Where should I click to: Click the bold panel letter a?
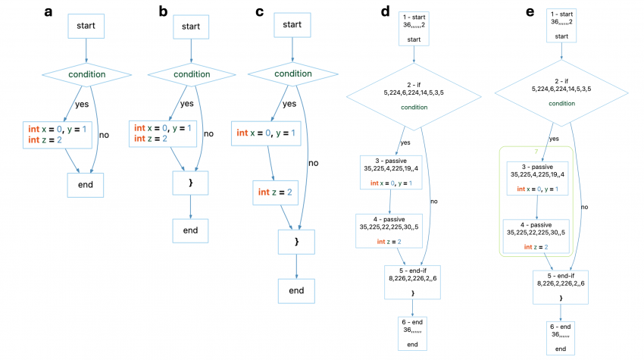49,12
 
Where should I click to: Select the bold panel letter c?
260,12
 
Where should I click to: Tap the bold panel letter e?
528,12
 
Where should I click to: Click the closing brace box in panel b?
190,183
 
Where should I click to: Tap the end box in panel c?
296,290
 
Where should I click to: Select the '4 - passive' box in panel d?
389,230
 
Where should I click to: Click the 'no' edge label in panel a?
104,135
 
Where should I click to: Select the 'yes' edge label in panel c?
289,104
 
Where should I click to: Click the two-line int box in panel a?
58,135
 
